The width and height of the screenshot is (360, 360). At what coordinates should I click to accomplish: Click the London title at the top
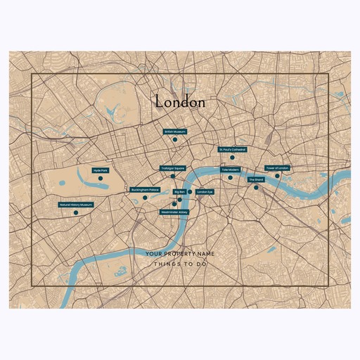click(180, 102)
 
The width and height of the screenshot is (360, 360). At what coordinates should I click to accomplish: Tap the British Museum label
click(174, 131)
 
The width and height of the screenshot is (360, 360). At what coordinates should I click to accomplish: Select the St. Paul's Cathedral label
click(232, 150)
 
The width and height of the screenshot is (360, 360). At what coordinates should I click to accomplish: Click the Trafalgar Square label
click(172, 168)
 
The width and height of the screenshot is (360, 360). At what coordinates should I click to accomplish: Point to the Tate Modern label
click(231, 169)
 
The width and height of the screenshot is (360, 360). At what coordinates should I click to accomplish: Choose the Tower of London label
click(277, 168)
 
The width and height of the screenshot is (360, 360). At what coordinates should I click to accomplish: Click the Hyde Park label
click(101, 170)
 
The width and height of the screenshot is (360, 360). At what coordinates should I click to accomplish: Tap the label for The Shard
click(256, 180)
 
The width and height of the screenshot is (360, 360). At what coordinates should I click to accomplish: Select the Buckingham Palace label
click(145, 190)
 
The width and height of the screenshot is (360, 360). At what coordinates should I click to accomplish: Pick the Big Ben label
click(179, 191)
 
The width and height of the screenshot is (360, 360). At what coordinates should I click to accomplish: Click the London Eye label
click(205, 191)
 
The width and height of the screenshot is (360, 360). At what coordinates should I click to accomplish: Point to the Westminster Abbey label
click(174, 211)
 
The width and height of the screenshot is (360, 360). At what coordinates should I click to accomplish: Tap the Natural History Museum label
click(76, 205)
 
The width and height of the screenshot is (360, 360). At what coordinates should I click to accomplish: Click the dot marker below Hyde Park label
click(101, 179)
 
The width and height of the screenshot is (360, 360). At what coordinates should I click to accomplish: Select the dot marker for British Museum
click(174, 139)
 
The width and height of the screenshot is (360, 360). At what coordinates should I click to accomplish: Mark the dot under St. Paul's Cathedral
click(232, 157)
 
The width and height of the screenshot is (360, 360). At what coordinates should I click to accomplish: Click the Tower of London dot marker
click(277, 176)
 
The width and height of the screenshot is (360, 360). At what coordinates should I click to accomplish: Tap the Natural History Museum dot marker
click(76, 212)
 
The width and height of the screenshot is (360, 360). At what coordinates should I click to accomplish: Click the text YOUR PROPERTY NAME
click(180, 253)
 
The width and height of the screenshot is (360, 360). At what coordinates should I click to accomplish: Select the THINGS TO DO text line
click(180, 264)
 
